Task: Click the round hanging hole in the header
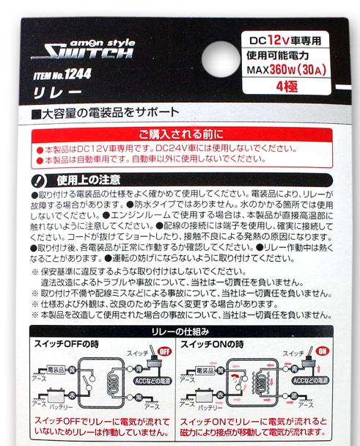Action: point(221,59)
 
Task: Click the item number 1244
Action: point(78,74)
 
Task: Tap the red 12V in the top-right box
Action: point(279,40)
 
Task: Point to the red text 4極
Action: point(287,87)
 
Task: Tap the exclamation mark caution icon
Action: point(39,180)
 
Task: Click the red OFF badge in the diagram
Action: point(165,351)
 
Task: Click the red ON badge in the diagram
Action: point(322,351)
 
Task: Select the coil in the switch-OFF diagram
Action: point(113,383)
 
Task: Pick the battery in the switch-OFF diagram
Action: point(58,395)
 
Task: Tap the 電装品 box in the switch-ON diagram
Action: point(205,371)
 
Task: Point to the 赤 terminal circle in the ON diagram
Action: point(221,395)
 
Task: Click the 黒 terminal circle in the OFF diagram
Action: point(138,398)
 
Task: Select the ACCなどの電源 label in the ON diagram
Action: point(310,381)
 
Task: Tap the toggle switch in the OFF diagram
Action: point(154,359)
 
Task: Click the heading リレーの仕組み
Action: point(180,332)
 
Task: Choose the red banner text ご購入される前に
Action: point(181,134)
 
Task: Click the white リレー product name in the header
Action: point(57,93)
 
